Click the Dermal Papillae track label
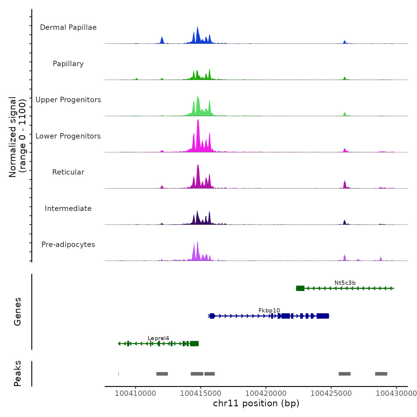click(68, 27)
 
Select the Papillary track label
click(68, 64)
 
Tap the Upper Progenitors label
click(68, 100)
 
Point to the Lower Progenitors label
click(68, 136)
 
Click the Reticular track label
click(68, 172)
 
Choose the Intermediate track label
click(68, 208)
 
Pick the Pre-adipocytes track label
click(68, 245)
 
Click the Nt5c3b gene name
click(345, 283)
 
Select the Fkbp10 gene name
click(269, 311)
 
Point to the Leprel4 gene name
click(158, 338)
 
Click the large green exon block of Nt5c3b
click(300, 288)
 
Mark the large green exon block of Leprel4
click(194, 344)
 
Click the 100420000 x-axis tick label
click(266, 393)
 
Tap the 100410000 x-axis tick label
click(136, 393)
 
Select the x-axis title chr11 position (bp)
click(256, 404)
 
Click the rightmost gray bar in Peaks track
click(381, 374)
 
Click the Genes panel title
click(18, 312)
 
